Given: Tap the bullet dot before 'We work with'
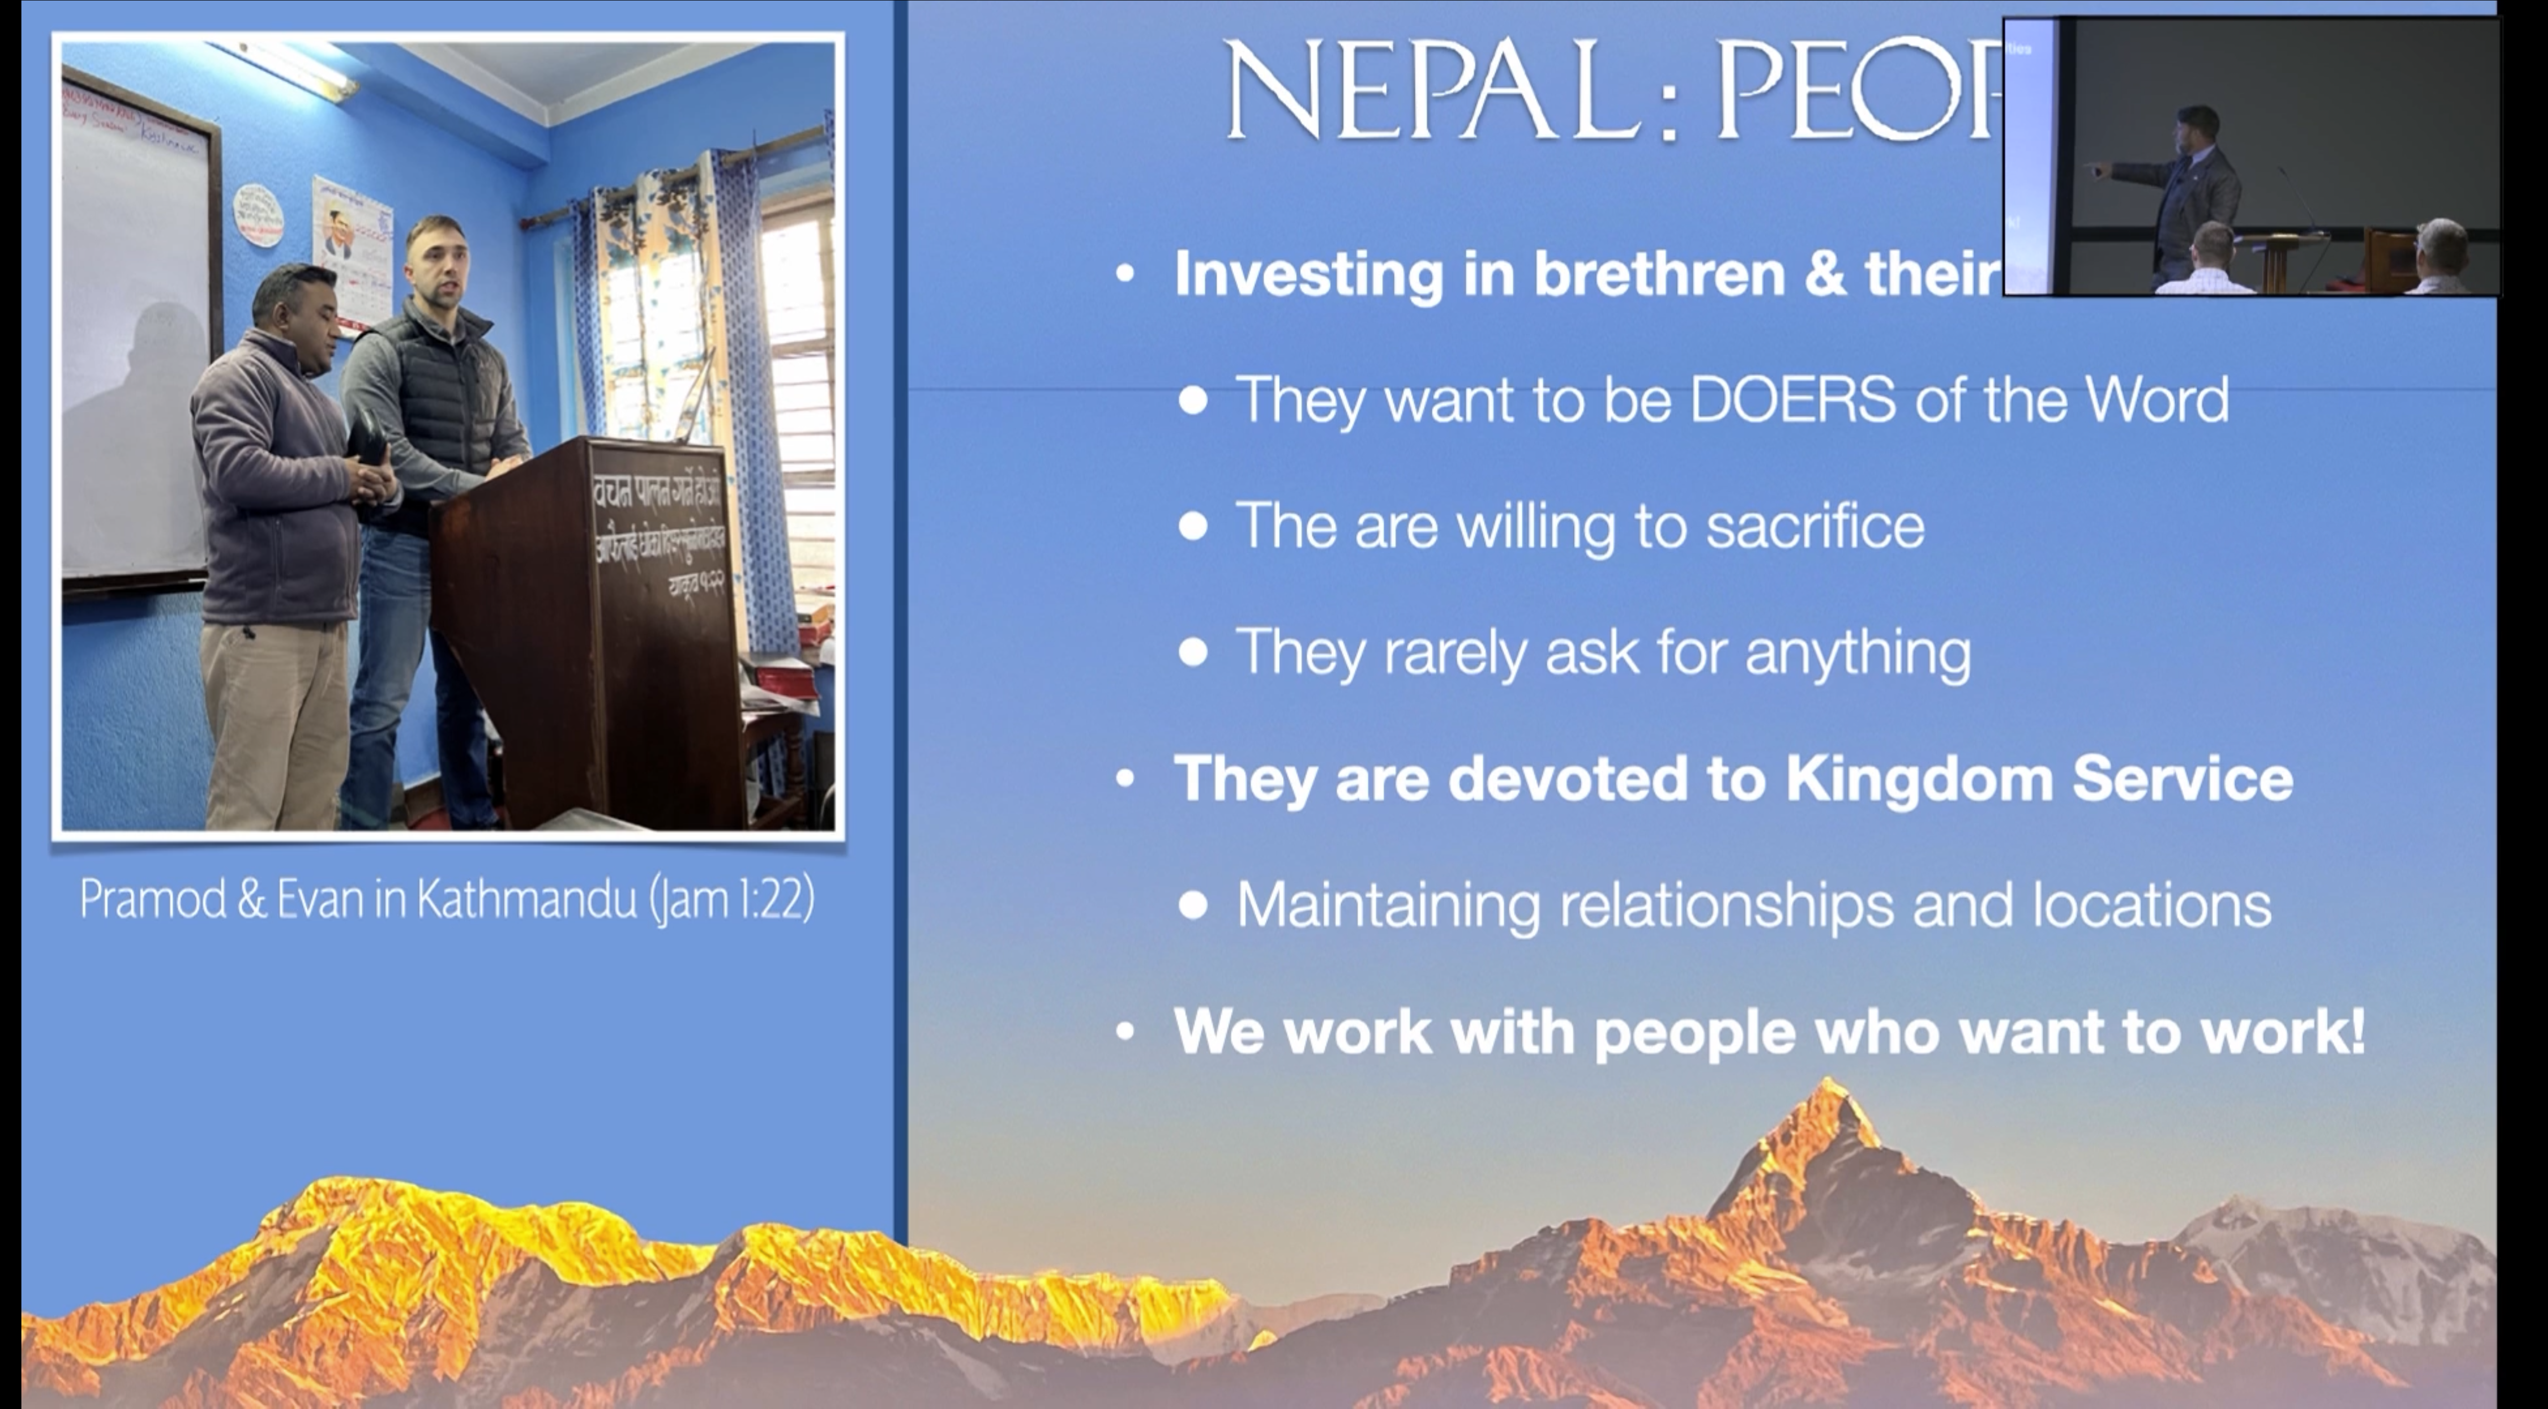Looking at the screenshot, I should tap(1125, 1031).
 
